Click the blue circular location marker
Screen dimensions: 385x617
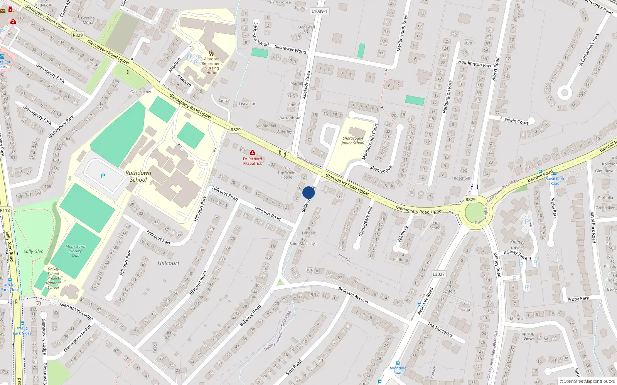coord(308,192)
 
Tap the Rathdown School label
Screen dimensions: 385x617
coord(138,176)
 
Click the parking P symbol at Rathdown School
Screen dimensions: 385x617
coord(103,176)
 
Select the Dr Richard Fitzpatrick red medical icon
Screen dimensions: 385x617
coord(253,153)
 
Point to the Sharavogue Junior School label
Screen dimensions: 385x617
coord(353,141)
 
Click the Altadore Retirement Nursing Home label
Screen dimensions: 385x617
coord(212,66)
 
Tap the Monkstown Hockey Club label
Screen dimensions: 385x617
coord(76,251)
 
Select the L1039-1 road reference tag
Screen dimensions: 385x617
coord(319,11)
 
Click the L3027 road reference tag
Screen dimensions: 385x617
coord(438,274)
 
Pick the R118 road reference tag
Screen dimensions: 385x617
coord(5,210)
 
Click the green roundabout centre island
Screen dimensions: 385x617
coord(475,212)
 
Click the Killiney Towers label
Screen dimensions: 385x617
coord(517,245)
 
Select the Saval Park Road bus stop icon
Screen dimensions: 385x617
coord(555,174)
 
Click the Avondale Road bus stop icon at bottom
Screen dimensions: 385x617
coord(398,363)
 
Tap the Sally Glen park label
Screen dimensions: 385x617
coord(34,251)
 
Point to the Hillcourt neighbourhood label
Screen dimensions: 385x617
coord(169,263)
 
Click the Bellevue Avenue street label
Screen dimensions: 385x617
coord(353,295)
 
